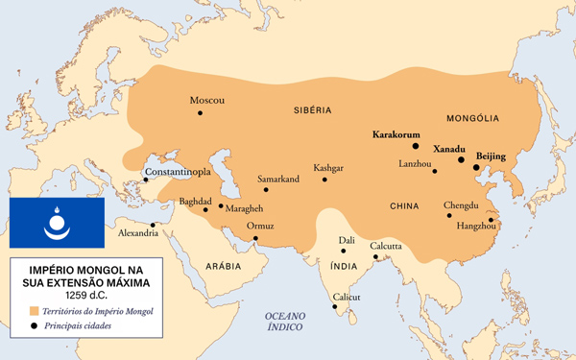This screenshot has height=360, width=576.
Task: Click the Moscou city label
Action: [x=206, y=101]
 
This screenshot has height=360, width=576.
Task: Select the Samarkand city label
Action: [x=278, y=180]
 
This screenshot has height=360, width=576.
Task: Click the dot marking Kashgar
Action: [x=324, y=180]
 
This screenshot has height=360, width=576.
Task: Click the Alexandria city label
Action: [x=137, y=233]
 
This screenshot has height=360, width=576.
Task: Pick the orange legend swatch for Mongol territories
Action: [x=35, y=312]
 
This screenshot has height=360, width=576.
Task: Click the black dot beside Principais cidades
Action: [x=35, y=326]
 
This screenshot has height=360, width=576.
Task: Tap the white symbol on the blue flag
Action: [x=56, y=225]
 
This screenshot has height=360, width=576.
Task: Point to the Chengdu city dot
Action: [x=448, y=216]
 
